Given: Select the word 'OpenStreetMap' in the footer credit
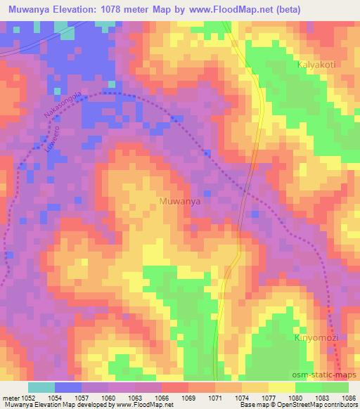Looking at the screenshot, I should pyautogui.click(x=303, y=405).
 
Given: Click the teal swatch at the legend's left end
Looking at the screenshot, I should pyautogui.click(x=41, y=387).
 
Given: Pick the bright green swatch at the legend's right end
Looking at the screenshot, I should pyautogui.click(x=335, y=387).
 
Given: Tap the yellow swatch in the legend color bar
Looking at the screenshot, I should pyautogui.click(x=281, y=387).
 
